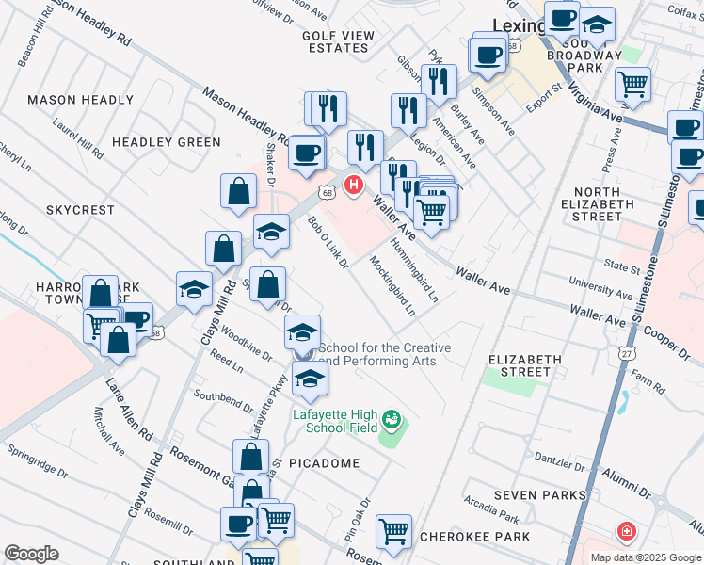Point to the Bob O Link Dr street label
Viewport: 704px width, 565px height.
click(328, 242)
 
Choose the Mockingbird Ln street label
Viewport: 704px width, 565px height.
click(392, 285)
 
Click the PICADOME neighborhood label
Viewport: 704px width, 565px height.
click(324, 463)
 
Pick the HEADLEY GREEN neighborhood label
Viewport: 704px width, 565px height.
click(166, 142)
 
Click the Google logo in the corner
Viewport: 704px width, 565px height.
click(31, 554)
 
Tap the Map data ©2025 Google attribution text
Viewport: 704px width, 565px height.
click(645, 557)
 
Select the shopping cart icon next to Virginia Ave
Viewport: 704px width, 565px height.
click(632, 85)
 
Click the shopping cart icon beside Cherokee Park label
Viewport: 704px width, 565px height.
click(393, 530)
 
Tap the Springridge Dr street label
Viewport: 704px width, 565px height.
click(41, 468)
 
